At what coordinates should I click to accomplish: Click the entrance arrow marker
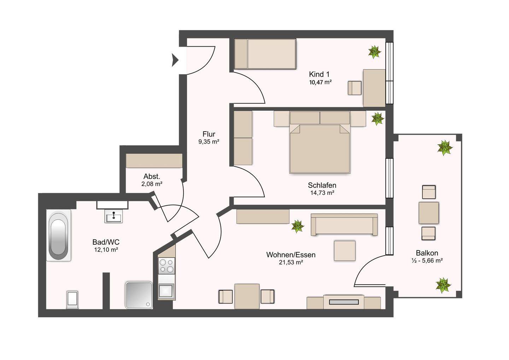(x=175, y=60)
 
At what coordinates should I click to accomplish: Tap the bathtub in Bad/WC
(x=59, y=235)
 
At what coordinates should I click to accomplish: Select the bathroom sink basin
(x=113, y=216)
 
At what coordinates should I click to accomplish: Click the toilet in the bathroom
(x=72, y=300)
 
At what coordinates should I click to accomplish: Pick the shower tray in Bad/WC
(x=139, y=295)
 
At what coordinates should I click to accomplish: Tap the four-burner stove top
(x=166, y=266)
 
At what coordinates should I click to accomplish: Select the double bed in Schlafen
(x=320, y=142)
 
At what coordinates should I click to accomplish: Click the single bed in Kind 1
(x=265, y=54)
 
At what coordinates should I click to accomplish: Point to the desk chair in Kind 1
(x=355, y=88)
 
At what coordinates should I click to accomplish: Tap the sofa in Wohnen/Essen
(x=344, y=225)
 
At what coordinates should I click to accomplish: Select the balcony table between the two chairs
(x=428, y=213)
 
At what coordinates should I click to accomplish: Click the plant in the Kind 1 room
(x=374, y=52)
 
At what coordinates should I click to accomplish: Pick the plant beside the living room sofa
(x=298, y=226)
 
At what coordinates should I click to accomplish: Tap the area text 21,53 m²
(x=291, y=262)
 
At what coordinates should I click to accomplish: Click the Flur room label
(x=209, y=134)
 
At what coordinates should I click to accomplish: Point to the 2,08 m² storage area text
(x=152, y=184)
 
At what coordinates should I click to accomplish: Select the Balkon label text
(x=427, y=253)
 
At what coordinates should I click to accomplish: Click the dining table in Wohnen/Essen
(x=247, y=296)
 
